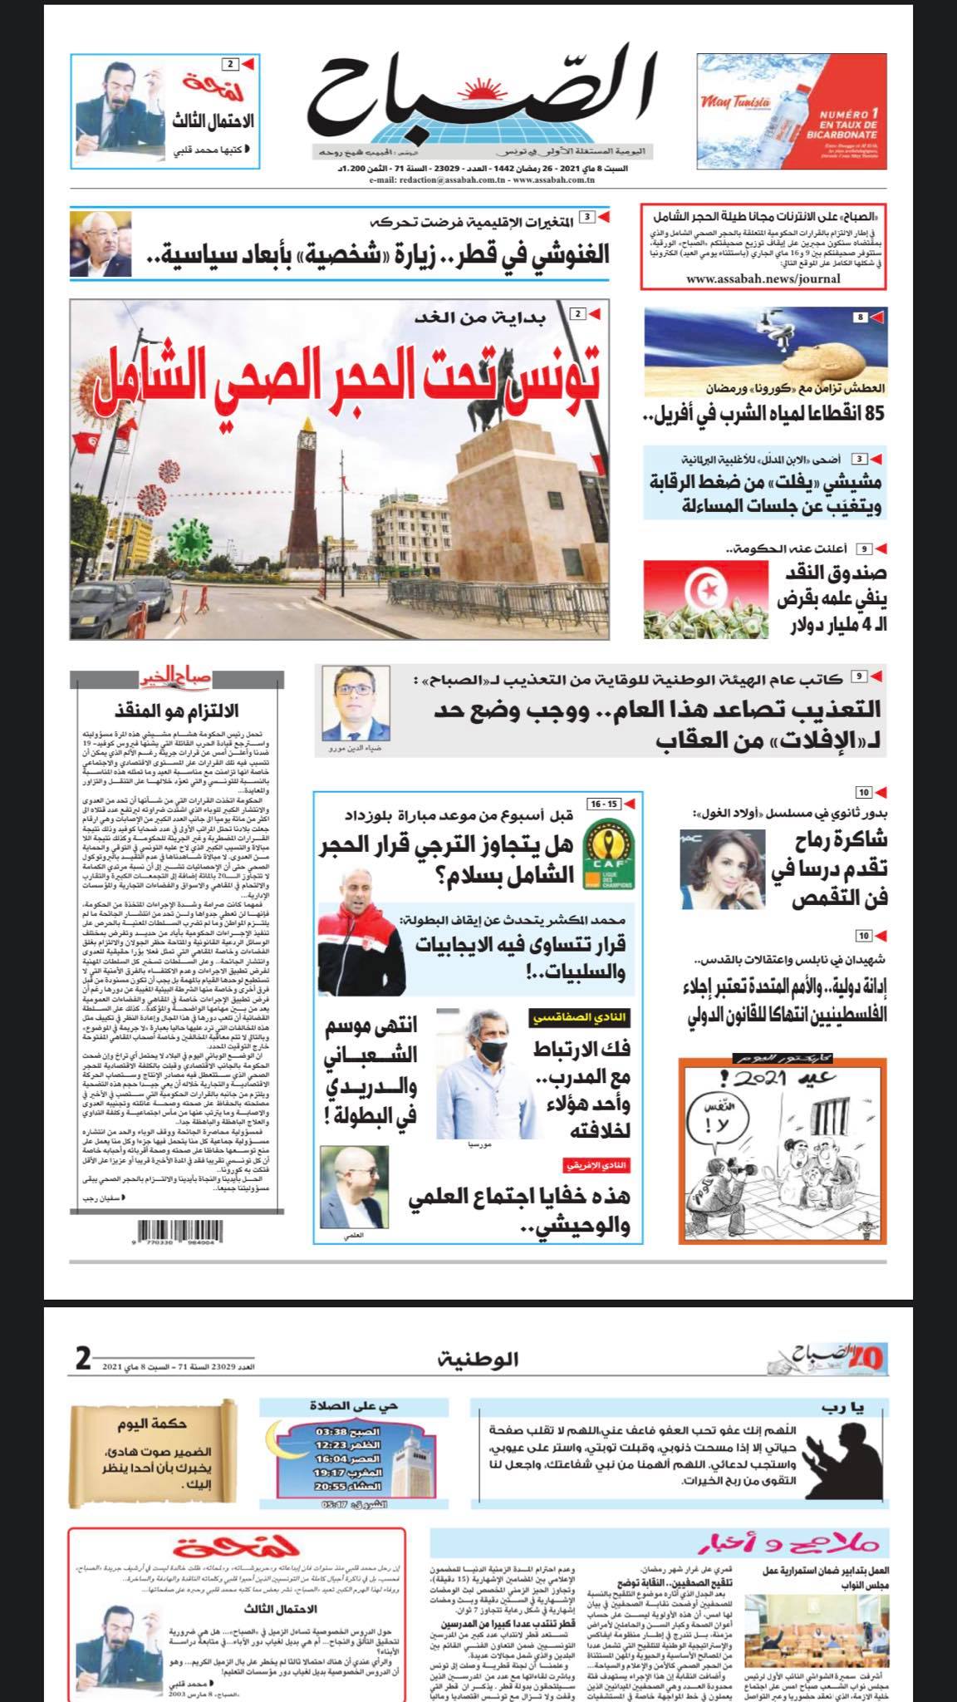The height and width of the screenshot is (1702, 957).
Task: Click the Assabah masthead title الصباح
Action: tap(482, 100)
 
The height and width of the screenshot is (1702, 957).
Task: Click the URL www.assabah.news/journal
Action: tap(763, 278)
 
